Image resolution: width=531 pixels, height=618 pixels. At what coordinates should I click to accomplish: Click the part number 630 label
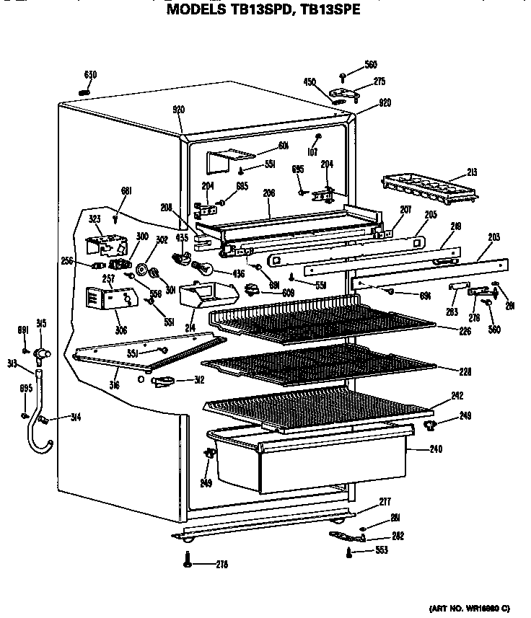point(90,74)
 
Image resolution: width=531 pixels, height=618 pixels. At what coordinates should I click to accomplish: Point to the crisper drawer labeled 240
point(310,462)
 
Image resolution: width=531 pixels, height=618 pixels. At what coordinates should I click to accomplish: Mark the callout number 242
point(457,395)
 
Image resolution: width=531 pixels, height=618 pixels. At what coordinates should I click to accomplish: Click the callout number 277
point(385,501)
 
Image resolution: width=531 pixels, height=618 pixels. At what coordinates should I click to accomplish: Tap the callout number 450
point(310,82)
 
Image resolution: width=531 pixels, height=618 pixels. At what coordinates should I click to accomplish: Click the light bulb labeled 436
point(203,268)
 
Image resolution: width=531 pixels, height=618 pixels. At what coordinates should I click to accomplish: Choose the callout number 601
point(284,146)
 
